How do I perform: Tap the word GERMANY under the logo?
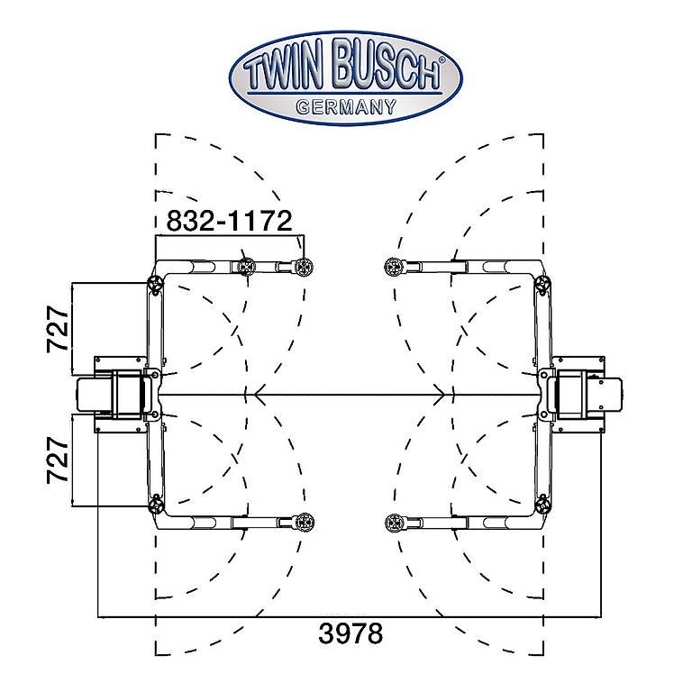point(346,107)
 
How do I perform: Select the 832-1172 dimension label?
point(229,221)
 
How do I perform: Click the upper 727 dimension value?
point(59,329)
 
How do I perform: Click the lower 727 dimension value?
point(59,460)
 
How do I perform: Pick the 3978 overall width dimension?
point(351,633)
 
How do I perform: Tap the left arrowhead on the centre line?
point(259,394)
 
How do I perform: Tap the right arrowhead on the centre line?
point(440,394)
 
